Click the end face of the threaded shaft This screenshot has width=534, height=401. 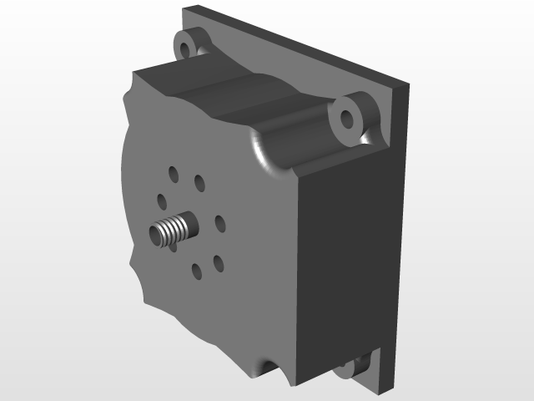pos(158,236)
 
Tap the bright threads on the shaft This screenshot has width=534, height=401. pos(171,231)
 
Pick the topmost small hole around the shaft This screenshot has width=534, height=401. pos(173,174)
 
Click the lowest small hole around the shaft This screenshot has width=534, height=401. pos(195,271)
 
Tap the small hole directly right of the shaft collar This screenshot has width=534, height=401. pos(219,223)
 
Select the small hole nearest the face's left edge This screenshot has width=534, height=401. pos(164,201)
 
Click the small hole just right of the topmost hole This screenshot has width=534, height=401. pos(199,181)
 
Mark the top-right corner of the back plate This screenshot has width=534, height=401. pos(408,84)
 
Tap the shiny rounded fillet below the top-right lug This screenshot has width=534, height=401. pos(265,155)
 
